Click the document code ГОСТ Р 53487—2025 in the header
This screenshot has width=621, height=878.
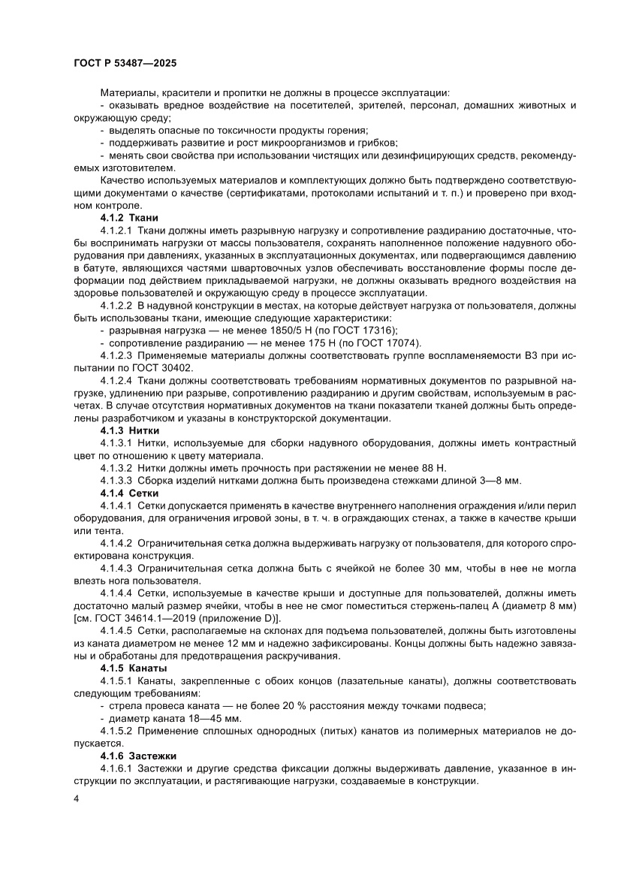[x=124, y=64]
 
